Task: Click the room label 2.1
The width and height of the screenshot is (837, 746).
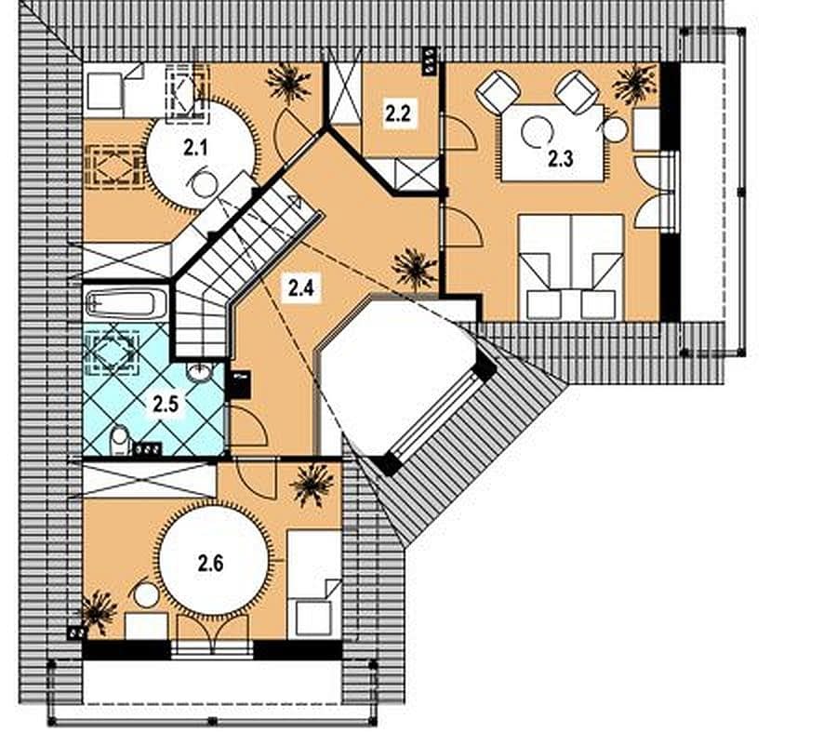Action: pos(195,147)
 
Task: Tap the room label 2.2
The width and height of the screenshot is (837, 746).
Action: pos(398,113)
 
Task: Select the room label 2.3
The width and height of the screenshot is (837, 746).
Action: pos(561,159)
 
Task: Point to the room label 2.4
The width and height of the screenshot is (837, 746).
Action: pos(301,287)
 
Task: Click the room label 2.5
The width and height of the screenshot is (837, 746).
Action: pos(166,405)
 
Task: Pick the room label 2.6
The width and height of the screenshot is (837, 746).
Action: pos(210,563)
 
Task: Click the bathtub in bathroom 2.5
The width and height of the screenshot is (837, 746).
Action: pos(126,303)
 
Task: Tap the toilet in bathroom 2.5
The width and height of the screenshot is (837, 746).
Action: pos(121,440)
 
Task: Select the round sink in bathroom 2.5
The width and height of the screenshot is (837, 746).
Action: pos(199,372)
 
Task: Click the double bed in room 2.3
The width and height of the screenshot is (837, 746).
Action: pos(571,267)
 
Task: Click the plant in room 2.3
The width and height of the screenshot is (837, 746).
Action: pos(634,84)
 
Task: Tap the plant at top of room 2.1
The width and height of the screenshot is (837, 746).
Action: pos(288,84)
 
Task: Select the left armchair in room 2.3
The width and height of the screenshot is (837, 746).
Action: pos(498,91)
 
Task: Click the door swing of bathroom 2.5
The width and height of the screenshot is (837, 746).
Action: pos(247,426)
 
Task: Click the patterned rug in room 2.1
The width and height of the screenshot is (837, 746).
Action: pos(115,167)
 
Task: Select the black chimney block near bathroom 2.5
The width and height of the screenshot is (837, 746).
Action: pos(239,384)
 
